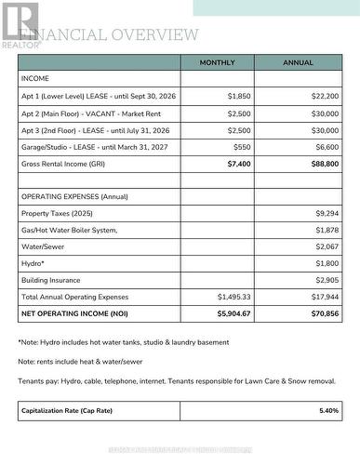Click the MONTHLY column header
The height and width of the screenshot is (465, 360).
[x=217, y=62]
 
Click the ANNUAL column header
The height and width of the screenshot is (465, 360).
[x=298, y=62]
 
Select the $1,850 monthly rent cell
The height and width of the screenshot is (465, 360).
[x=239, y=96]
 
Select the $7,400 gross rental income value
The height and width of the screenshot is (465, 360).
[x=239, y=163]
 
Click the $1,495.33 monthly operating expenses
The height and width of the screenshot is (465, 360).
[x=234, y=296]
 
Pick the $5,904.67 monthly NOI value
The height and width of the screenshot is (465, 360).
[x=234, y=313]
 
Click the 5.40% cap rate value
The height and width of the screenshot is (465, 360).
[x=328, y=409]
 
